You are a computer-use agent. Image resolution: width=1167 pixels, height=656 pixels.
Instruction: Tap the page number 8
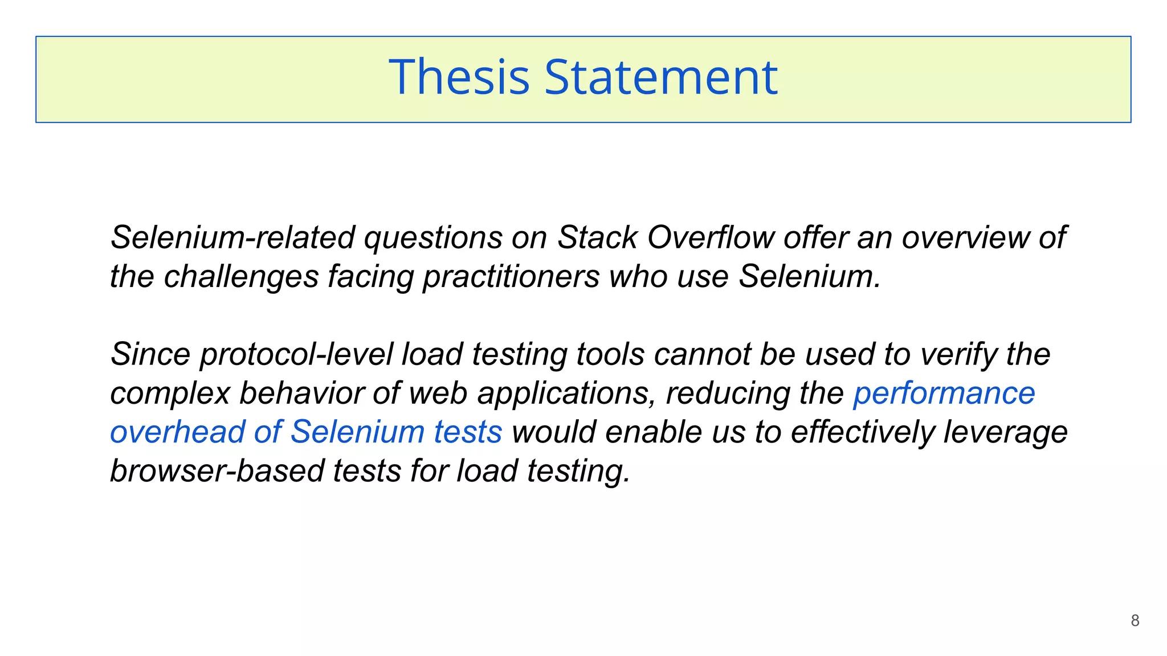(1135, 621)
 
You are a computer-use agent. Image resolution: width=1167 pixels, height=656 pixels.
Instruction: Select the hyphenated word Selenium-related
(233, 237)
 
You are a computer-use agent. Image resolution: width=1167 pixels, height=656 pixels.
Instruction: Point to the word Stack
(597, 237)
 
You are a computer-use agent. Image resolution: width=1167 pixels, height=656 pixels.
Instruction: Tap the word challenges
(241, 277)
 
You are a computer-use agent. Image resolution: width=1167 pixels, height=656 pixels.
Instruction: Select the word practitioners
(511, 277)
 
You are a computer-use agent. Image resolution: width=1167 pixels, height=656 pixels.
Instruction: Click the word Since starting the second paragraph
(150, 354)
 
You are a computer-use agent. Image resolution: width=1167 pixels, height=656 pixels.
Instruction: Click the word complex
(170, 393)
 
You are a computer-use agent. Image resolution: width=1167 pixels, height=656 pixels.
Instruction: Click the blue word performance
(944, 393)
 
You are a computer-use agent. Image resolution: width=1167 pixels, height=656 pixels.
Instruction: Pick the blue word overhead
(177, 432)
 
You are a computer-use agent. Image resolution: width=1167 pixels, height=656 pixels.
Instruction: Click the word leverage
(1005, 432)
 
